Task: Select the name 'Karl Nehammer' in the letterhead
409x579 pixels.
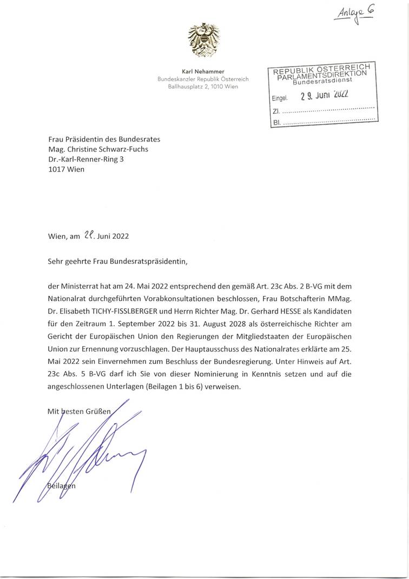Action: point(203,71)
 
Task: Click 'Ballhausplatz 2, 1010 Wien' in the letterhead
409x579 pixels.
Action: point(203,86)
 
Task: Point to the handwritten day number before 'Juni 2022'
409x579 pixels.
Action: point(90,236)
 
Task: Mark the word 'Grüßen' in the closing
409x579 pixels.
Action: point(98,411)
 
